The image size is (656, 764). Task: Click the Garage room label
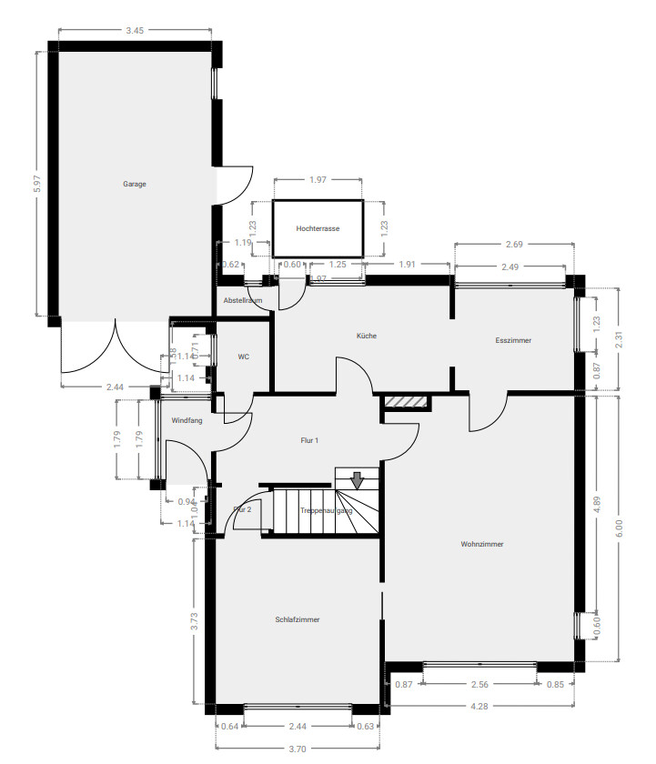click(135, 184)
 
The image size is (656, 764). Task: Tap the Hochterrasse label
click(318, 229)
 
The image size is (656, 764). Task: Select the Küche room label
click(366, 336)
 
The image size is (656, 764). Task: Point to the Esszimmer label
click(513, 340)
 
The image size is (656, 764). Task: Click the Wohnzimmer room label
click(482, 544)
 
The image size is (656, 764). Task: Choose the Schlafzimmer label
click(298, 619)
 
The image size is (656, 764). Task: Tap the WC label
click(243, 357)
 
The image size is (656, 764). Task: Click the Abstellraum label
click(243, 300)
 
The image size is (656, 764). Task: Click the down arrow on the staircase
click(358, 478)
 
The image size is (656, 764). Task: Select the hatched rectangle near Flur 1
click(405, 401)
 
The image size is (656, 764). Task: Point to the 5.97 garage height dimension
click(37, 184)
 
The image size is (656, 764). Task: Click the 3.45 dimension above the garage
click(135, 31)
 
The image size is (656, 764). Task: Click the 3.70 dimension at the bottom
click(298, 748)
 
